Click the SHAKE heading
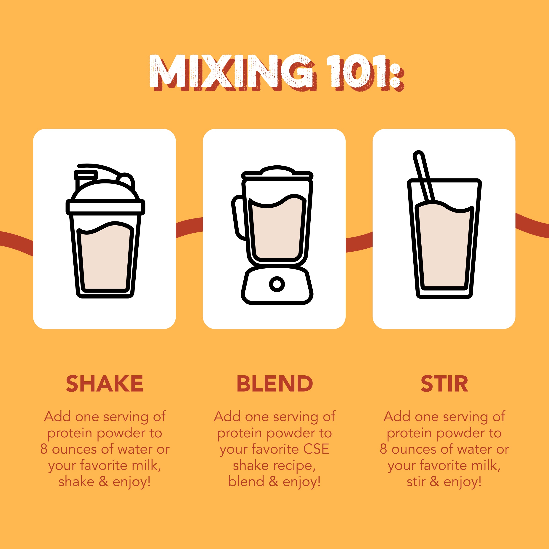tap(104, 384)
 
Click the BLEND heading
tap(274, 384)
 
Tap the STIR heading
tap(444, 384)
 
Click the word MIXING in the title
tap(231, 73)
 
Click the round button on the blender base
tap(277, 284)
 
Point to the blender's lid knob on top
tap(277, 170)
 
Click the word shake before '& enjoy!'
tap(76, 482)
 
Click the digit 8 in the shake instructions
tap(43, 449)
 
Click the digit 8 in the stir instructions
tap(383, 449)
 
